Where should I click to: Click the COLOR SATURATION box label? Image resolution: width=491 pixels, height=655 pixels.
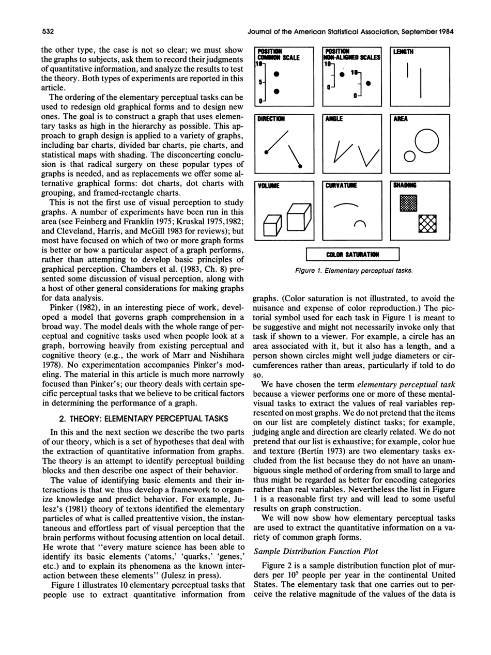coord(353,254)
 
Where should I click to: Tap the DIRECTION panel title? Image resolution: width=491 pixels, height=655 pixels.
coord(272,118)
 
